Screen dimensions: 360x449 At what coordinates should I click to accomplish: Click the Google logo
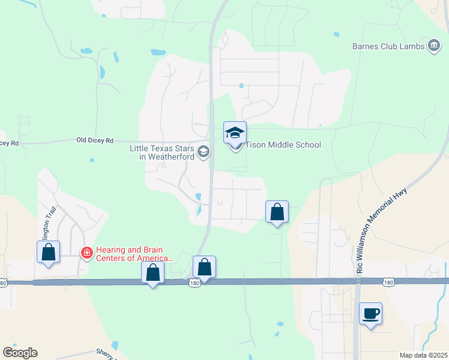pos(20,353)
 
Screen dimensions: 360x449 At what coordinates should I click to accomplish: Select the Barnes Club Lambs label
pos(388,46)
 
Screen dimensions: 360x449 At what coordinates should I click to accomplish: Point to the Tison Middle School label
pos(283,145)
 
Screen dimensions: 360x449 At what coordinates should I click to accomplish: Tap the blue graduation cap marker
pos(235,133)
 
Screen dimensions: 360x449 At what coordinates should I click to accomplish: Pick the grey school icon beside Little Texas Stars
pos(203,152)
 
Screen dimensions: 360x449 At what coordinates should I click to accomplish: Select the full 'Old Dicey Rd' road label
pos(95,140)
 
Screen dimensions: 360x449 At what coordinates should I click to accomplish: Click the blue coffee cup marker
pos(370,313)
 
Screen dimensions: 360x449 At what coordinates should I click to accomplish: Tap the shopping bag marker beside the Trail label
pos(48,252)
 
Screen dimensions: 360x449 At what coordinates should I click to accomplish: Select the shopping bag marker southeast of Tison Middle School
pos(277,212)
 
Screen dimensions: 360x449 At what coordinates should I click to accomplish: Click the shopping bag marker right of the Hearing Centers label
pos(153,272)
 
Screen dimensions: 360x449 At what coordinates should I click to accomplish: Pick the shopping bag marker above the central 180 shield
pos(204,267)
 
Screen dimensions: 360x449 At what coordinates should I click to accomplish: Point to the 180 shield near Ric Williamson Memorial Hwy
pos(388,281)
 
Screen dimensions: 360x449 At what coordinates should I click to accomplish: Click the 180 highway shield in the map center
pos(194,283)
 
